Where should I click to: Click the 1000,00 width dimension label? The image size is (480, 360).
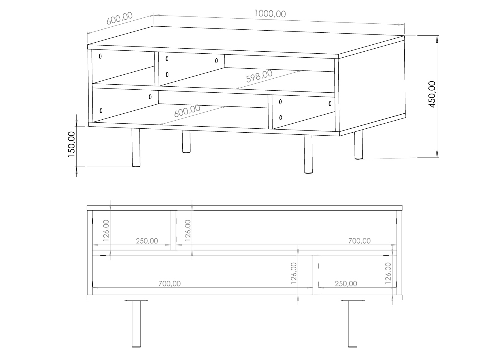click(270, 13)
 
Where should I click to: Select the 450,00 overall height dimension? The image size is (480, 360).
click(432, 94)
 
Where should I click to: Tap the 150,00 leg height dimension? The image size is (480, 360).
click(71, 144)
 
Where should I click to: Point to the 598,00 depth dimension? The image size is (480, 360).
click(259, 76)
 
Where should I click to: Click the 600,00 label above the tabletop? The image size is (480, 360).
click(120, 18)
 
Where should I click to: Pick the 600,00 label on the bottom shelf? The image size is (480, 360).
click(187, 111)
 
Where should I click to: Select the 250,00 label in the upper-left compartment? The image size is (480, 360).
click(147, 241)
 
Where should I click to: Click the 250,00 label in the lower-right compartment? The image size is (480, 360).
click(346, 284)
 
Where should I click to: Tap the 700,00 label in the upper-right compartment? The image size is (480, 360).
click(359, 241)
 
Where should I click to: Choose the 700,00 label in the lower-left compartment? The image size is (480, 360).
click(170, 284)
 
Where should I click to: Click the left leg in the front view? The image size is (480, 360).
click(136, 323)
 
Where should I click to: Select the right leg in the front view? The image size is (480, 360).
click(352, 323)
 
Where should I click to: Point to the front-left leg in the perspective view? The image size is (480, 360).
click(136, 148)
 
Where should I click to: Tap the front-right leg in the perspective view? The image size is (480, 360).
click(308, 154)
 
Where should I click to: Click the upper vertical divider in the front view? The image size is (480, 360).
click(173, 230)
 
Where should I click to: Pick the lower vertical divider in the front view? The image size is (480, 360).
click(315, 275)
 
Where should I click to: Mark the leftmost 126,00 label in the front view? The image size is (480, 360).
click(106, 230)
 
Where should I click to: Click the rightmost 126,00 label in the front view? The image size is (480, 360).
click(388, 273)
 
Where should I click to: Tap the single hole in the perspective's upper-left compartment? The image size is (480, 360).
click(100, 56)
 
